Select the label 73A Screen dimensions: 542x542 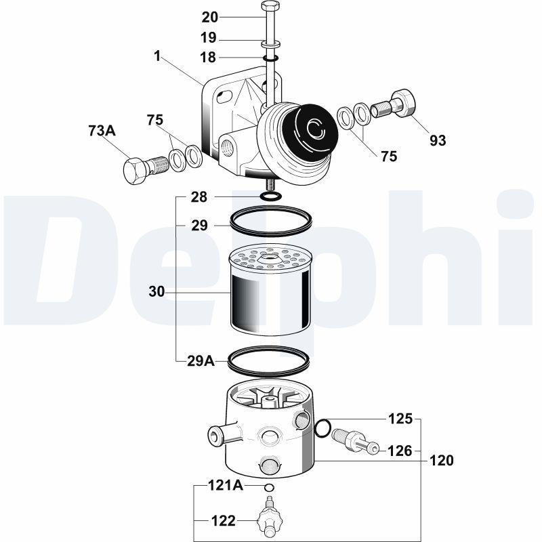pyautogui.click(x=102, y=131)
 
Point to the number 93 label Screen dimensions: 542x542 pyautogui.click(x=438, y=141)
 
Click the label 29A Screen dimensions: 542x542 pyautogui.click(x=201, y=361)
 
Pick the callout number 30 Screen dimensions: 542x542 pyautogui.click(x=157, y=292)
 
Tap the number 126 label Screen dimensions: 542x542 pyautogui.click(x=400, y=450)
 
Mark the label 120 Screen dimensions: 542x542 pyautogui.click(x=441, y=461)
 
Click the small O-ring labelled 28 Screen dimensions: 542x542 pyautogui.click(x=270, y=196)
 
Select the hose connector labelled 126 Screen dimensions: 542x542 pyautogui.click(x=354, y=441)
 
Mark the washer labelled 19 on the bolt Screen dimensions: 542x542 pyautogui.click(x=270, y=44)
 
